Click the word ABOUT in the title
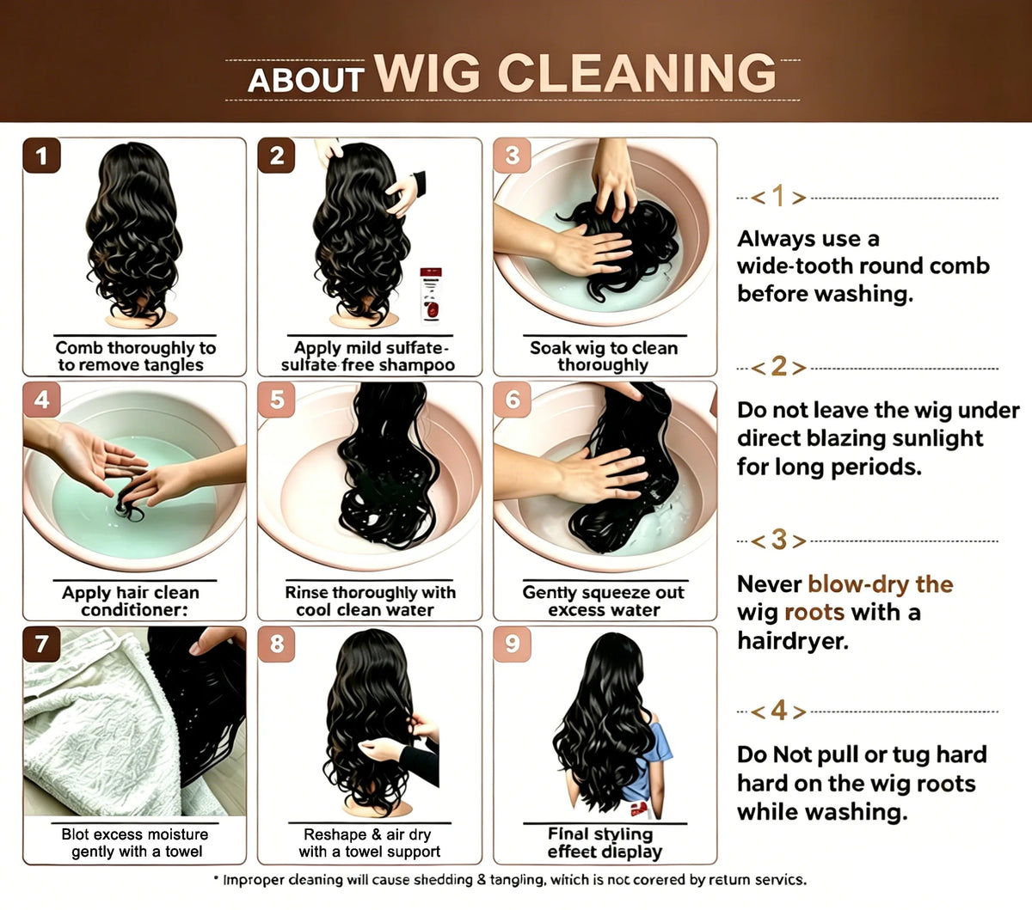tap(305, 81)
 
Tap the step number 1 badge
tap(42, 156)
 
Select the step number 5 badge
tap(277, 400)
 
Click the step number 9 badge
tap(513, 644)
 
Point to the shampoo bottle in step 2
tap(431, 296)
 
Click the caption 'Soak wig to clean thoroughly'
tap(604, 357)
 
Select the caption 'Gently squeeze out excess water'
tap(604, 601)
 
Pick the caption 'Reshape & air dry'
tap(367, 834)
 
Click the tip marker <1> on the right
tap(778, 197)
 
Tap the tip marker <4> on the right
tap(778, 711)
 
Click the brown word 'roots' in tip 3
tap(814, 613)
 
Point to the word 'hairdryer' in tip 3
tap(793, 641)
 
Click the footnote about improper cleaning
tap(510, 880)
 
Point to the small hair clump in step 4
tap(128, 508)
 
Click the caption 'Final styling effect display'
tap(605, 843)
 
